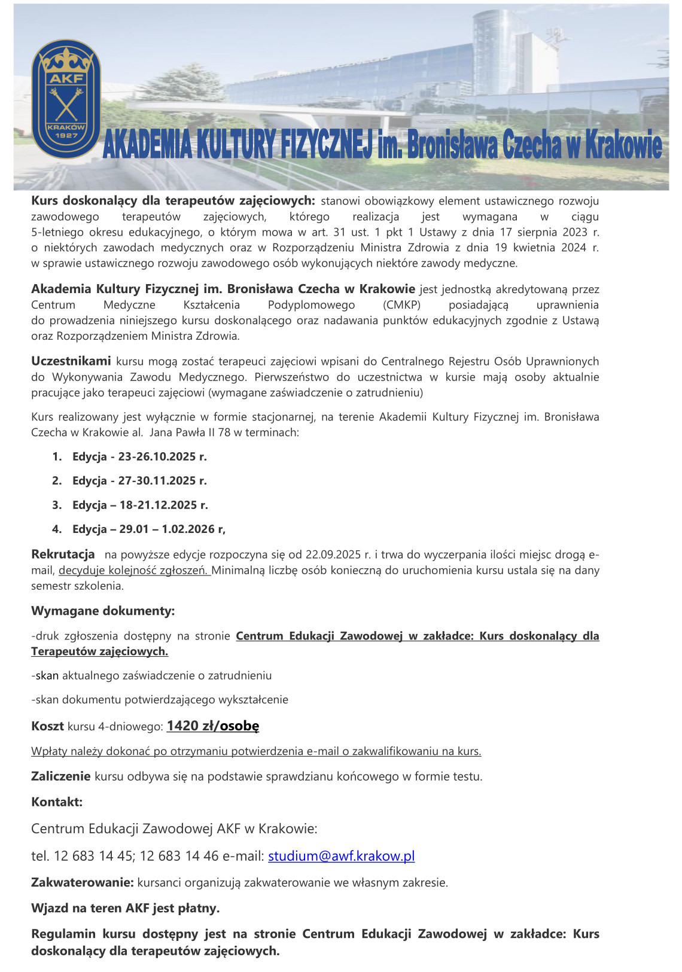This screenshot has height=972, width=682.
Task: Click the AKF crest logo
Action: [66, 99]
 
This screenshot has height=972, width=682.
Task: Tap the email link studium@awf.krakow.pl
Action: [341, 856]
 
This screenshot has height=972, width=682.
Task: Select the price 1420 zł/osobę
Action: [213, 726]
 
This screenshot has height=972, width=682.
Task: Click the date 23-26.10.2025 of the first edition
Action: [162, 457]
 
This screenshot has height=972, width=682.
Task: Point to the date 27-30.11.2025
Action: [162, 481]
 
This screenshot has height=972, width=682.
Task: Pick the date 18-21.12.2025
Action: [163, 505]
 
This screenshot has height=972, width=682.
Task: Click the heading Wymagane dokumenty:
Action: [103, 611]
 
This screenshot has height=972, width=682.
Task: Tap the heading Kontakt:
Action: [57, 802]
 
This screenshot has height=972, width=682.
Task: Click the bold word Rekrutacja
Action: [63, 554]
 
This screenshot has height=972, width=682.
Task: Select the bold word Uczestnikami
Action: [71, 361]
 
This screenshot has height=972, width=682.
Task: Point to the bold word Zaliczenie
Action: [61, 777]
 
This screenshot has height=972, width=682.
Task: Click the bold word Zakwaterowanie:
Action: [83, 882]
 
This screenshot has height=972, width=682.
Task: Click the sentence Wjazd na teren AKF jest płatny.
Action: [126, 909]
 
